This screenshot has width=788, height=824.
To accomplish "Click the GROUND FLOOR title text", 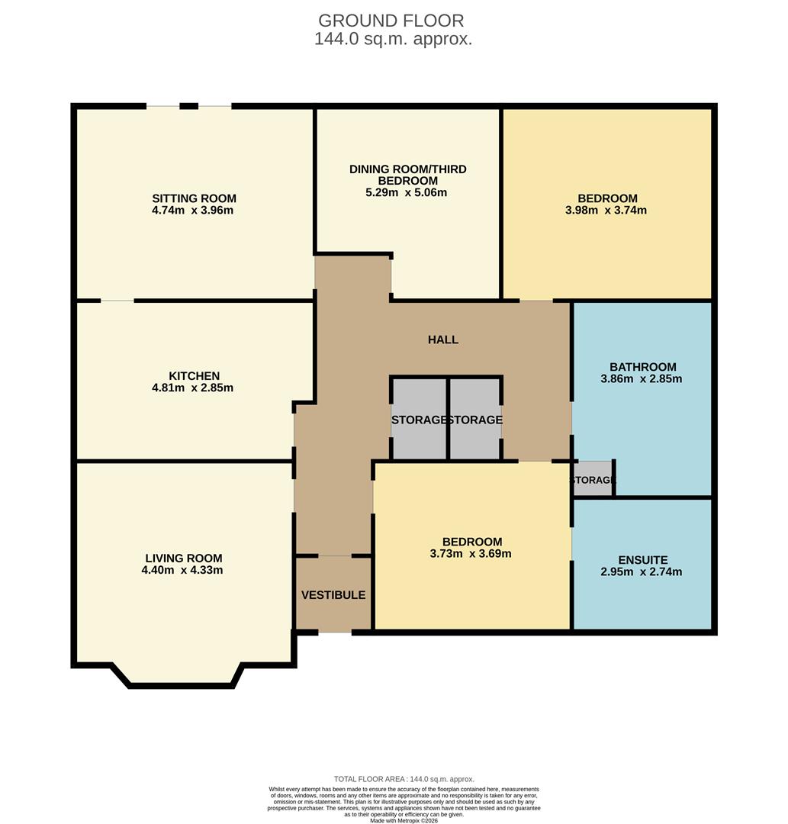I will (391, 21).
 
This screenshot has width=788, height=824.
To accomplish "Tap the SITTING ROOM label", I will (193, 198).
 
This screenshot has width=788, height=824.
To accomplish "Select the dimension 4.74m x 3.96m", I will (193, 210).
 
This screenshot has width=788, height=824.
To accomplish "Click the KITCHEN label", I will (194, 375).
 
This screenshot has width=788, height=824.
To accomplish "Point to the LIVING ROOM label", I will (183, 558).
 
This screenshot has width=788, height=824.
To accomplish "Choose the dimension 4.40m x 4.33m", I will (183, 570).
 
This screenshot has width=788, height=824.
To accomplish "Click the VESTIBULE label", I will (333, 595).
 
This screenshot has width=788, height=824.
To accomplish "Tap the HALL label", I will (443, 340).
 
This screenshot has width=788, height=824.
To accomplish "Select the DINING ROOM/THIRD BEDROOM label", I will (407, 175).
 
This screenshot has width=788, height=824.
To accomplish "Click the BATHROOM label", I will (642, 366).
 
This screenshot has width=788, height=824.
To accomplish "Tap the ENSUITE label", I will (642, 559).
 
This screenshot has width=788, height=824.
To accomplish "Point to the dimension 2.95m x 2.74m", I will (642, 571).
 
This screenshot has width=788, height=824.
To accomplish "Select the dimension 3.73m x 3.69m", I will (471, 553).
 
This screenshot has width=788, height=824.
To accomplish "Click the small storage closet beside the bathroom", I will (593, 480).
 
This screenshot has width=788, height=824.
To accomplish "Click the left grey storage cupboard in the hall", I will (419, 419).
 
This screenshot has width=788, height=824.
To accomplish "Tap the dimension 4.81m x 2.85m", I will (194, 388).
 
